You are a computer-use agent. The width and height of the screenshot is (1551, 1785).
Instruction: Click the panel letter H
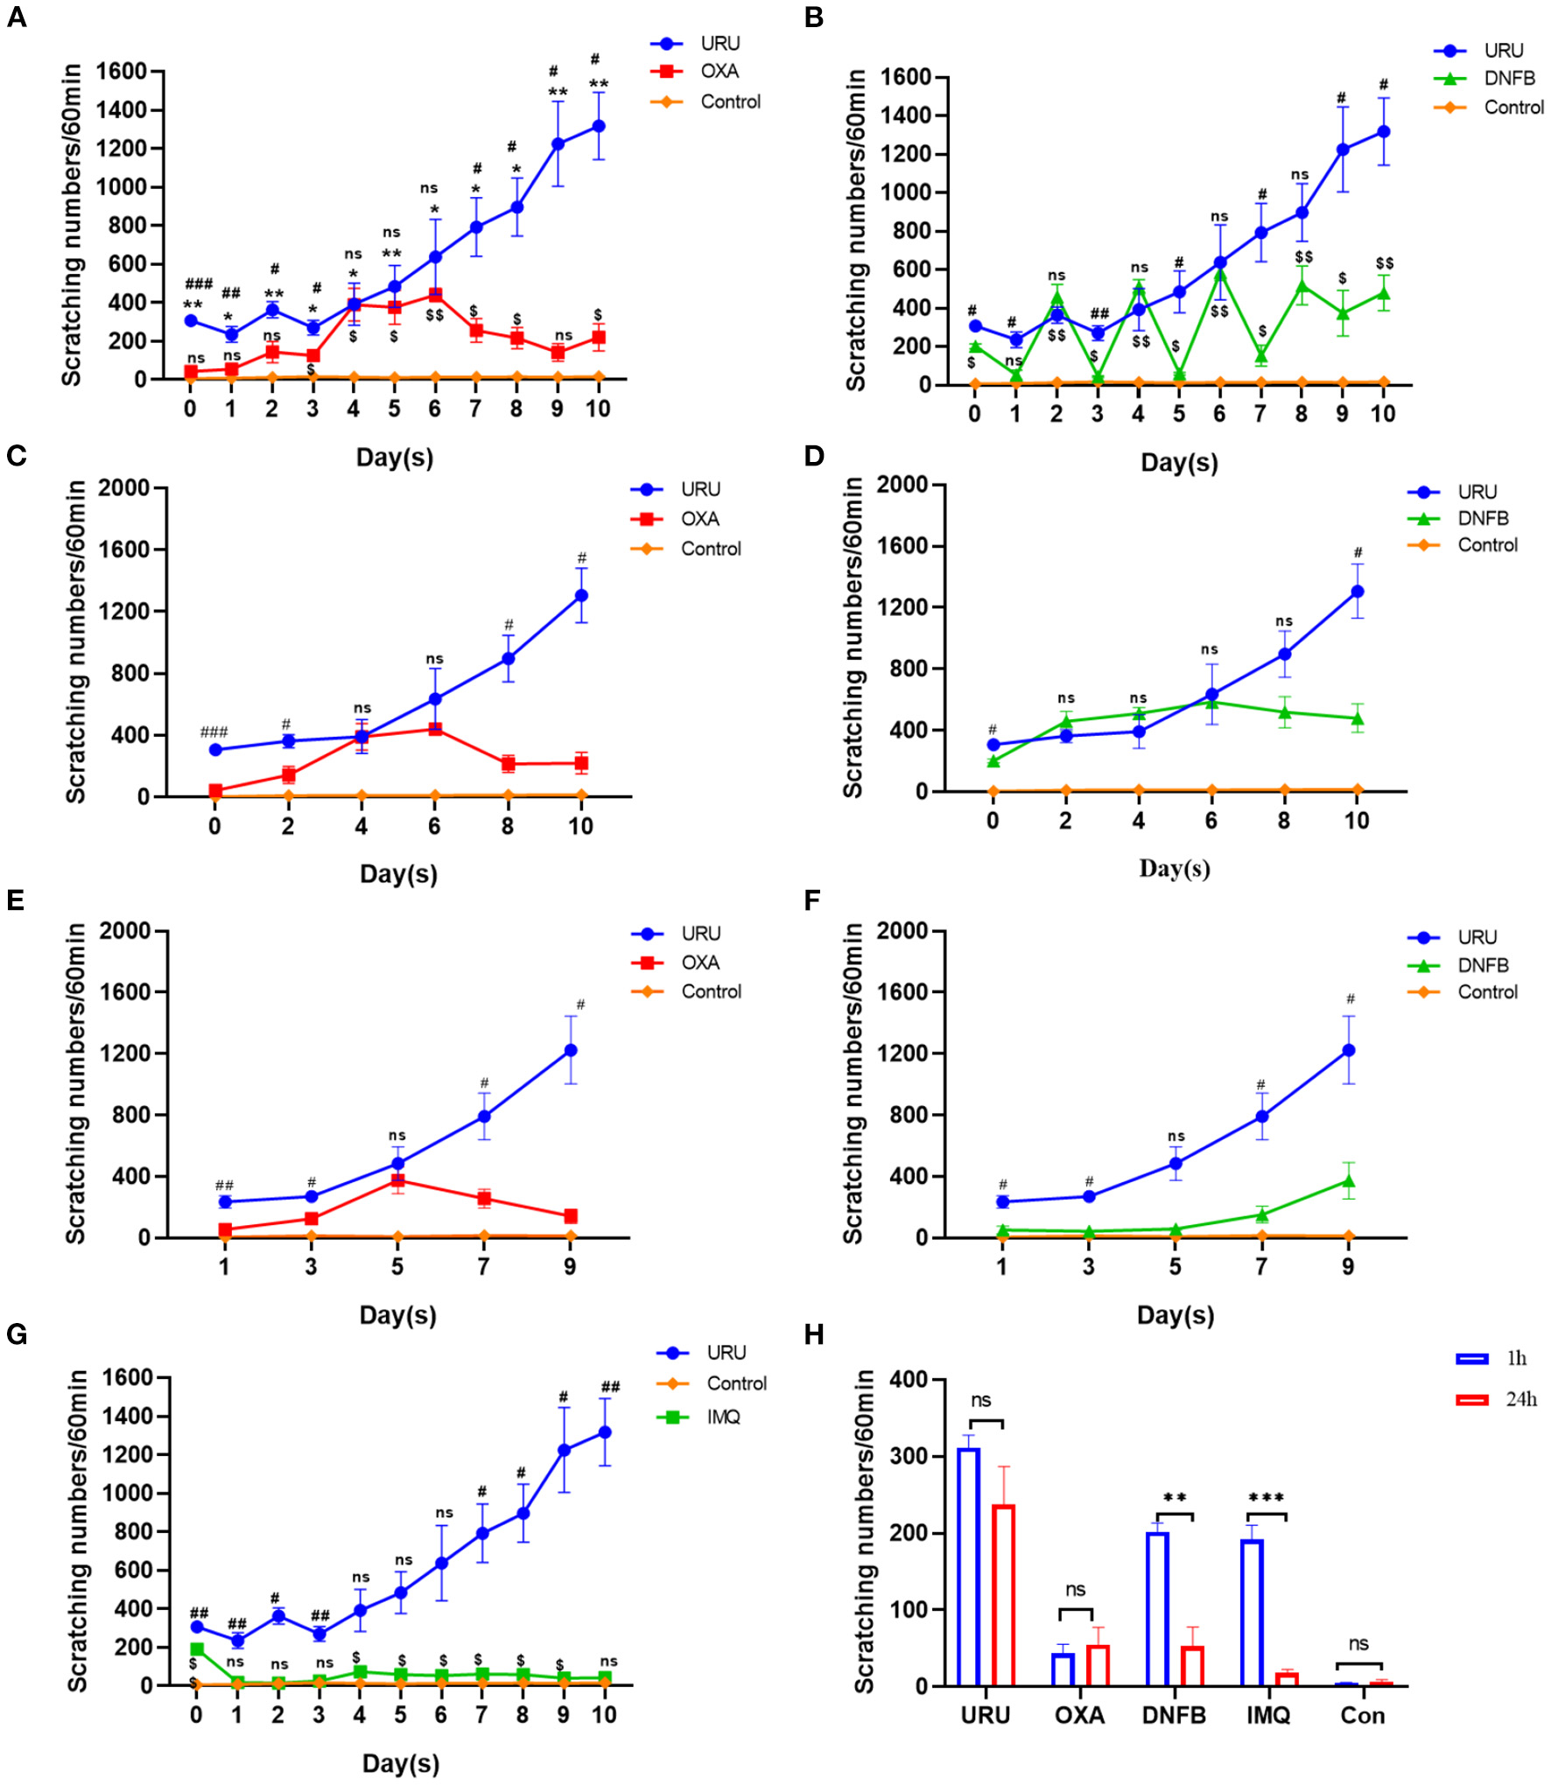[813, 1334]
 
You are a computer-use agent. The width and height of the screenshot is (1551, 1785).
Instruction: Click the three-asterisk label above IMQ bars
[1266, 1498]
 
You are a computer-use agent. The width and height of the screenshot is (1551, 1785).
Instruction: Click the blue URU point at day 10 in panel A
[598, 126]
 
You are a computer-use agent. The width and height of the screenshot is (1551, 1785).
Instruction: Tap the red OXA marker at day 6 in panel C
[434, 728]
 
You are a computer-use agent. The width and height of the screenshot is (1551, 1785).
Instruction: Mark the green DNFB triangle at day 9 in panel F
[1348, 1181]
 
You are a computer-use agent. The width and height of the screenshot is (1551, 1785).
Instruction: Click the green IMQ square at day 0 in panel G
[197, 1648]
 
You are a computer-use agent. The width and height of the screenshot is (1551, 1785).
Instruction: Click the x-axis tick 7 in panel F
[1260, 1266]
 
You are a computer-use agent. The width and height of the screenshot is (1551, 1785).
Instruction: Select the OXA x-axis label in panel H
[1078, 1715]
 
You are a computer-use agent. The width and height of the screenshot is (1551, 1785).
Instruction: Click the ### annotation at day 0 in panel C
[214, 731]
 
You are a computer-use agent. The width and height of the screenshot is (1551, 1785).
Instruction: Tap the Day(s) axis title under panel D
[1174, 869]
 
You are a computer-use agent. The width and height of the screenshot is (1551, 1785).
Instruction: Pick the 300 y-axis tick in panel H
[909, 1456]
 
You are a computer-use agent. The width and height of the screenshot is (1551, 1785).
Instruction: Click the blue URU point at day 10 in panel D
[1357, 591]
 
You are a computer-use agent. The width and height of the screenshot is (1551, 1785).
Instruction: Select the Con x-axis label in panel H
[1362, 1715]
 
